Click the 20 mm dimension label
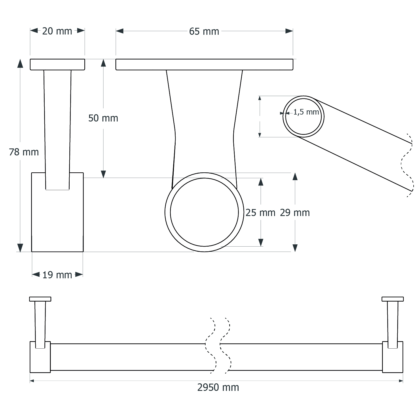click(57, 31)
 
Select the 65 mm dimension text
click(204, 31)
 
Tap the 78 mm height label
click(24, 152)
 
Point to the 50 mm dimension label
click(103, 118)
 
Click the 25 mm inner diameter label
click(260, 213)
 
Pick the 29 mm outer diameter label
click(295, 213)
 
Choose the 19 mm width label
click(57, 275)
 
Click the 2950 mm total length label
click(218, 387)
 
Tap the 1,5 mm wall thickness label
click(306, 112)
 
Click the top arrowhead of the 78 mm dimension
click(20, 63)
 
